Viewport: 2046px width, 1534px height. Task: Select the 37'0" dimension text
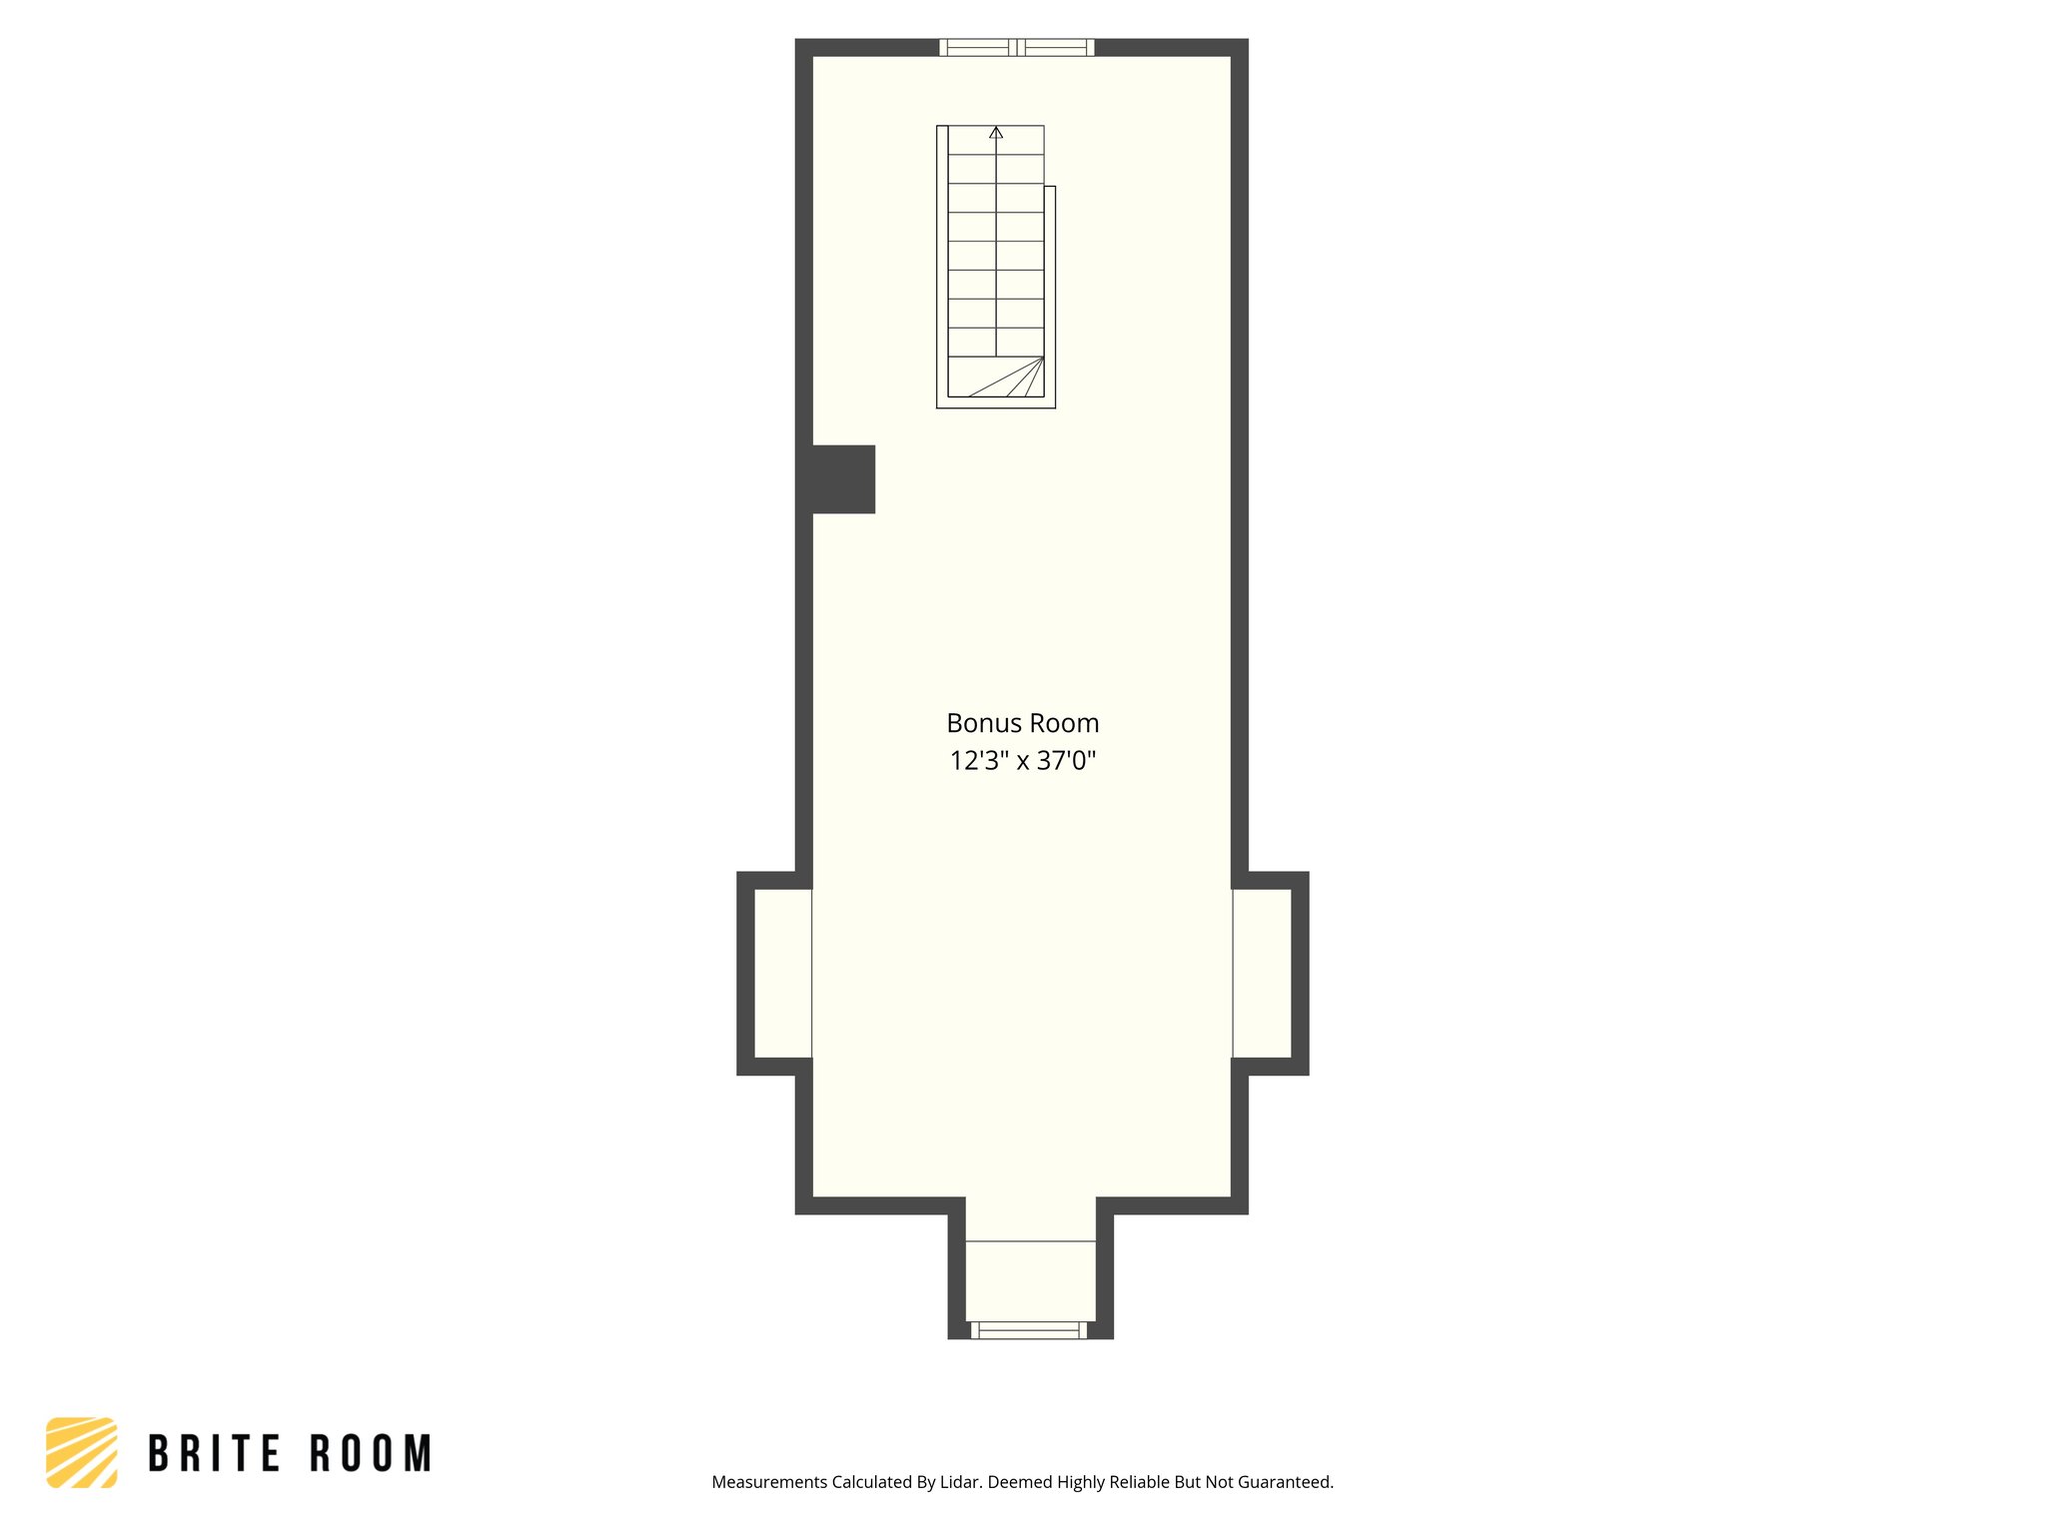pyautogui.click(x=1066, y=761)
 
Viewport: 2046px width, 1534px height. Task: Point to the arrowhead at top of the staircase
pyautogui.click(x=996, y=133)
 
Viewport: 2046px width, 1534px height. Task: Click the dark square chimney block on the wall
pyautogui.click(x=842, y=479)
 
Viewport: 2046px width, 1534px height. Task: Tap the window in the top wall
pyautogui.click(x=1017, y=47)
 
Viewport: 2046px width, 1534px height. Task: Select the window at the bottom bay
pyautogui.click(x=1028, y=1329)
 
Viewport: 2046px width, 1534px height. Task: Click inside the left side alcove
pyautogui.click(x=782, y=973)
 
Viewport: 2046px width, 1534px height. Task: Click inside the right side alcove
pyautogui.click(x=1262, y=973)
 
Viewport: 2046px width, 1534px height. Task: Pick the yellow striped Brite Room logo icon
pyautogui.click(x=82, y=1452)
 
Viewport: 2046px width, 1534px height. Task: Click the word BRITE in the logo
pyautogui.click(x=215, y=1454)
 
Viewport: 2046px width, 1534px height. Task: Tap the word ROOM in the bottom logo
pyautogui.click(x=371, y=1454)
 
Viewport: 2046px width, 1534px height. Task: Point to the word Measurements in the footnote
pyautogui.click(x=770, y=1482)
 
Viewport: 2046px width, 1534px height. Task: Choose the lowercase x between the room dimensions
pyautogui.click(x=1023, y=763)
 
